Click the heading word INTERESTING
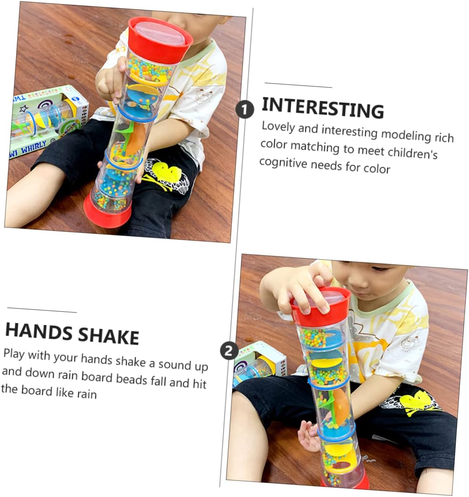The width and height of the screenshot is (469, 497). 323,108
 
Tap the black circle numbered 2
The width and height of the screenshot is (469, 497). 229,351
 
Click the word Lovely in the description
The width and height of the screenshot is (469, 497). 278,127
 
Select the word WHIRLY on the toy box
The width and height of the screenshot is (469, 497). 34,147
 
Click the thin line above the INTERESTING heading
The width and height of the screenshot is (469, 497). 298,85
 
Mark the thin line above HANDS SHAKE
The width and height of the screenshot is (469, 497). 42,310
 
